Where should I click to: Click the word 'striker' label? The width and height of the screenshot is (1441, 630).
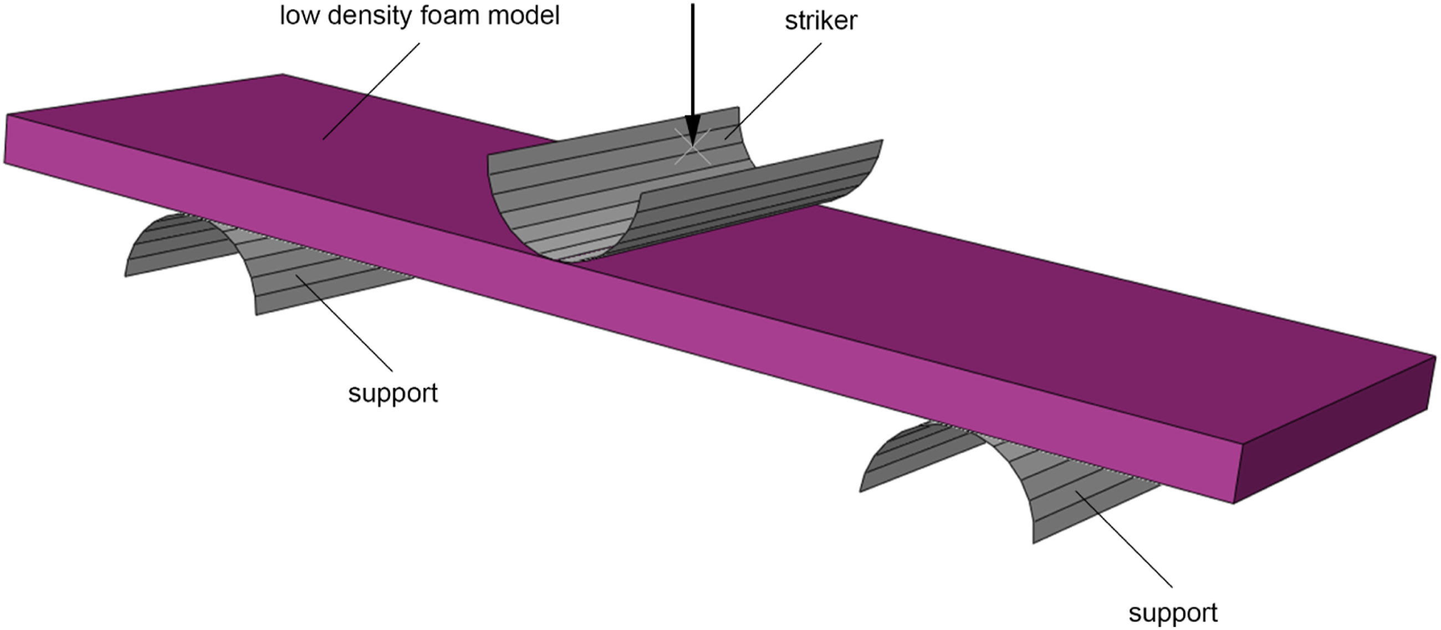point(821,21)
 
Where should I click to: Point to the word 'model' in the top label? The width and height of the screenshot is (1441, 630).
point(524,15)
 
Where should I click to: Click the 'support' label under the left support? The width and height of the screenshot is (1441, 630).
point(393,394)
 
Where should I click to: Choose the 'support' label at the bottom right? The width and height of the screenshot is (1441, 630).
point(1173,613)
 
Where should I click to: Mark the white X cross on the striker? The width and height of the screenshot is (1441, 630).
point(693,147)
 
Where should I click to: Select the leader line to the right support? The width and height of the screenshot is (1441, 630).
point(1123,539)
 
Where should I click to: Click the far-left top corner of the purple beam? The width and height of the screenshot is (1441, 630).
point(7,115)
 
